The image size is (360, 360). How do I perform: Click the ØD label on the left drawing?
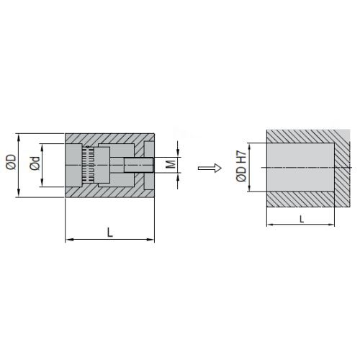[11, 162]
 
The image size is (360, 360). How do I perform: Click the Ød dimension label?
[35, 163]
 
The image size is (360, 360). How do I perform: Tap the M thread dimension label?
[171, 164]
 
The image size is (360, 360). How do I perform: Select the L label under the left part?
[110, 233]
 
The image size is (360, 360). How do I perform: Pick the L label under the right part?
[302, 219]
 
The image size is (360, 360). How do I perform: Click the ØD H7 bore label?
[241, 166]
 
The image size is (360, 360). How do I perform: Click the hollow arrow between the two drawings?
[210, 168]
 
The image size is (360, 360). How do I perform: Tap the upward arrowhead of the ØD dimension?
[19, 138]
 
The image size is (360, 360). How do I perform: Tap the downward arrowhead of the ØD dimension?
[19, 193]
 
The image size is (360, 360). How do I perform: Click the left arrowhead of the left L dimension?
[69, 239]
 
